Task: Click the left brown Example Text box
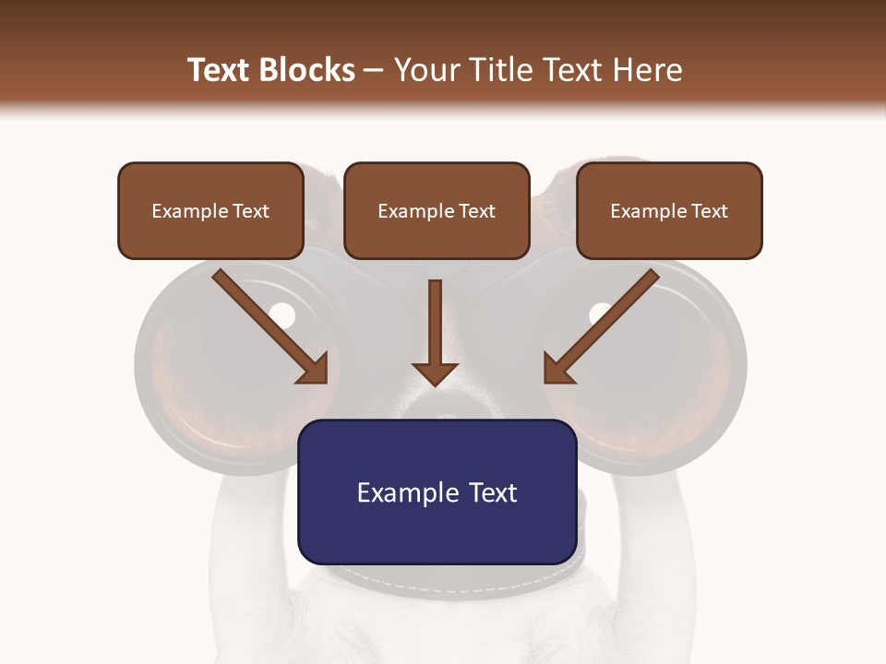click(210, 210)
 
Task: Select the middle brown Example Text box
click(437, 210)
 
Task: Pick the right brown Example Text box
click(669, 210)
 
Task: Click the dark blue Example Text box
click(437, 492)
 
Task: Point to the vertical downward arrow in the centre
click(436, 332)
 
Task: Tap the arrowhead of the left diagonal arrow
click(314, 368)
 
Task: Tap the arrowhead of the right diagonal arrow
click(558, 368)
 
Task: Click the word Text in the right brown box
click(709, 211)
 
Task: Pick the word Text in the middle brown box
click(476, 211)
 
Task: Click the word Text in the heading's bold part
click(220, 70)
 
